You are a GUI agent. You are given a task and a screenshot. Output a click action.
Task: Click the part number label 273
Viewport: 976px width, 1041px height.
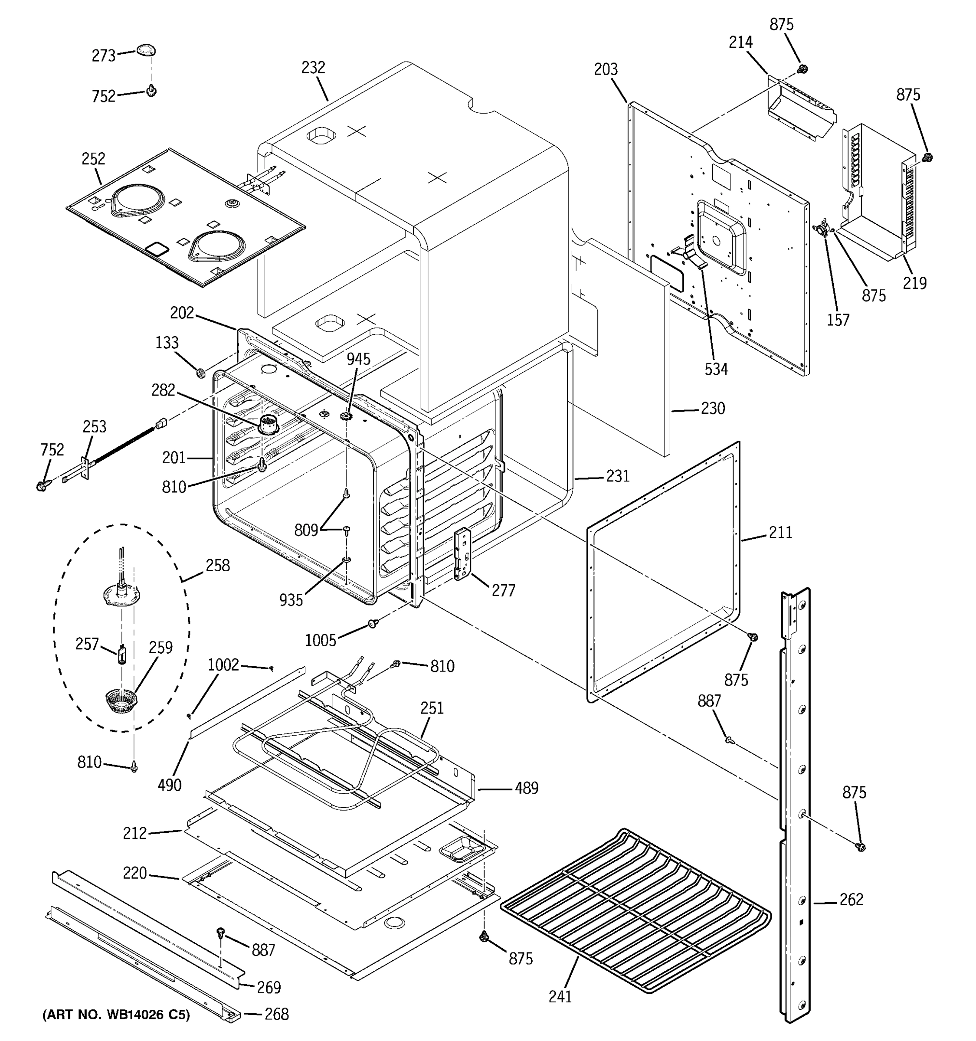tap(103, 56)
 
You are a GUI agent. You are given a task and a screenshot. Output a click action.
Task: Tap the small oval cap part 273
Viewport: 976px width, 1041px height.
tap(146, 50)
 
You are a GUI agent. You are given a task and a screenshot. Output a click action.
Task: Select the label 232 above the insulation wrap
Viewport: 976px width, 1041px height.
tap(313, 68)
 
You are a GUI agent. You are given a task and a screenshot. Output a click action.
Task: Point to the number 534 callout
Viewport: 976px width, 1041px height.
tap(716, 369)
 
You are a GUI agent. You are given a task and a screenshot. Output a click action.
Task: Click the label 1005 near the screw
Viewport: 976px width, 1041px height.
tap(321, 640)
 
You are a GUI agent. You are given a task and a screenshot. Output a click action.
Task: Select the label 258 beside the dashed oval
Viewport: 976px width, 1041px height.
tap(218, 566)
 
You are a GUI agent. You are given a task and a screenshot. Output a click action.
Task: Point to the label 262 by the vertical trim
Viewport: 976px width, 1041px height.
tap(851, 900)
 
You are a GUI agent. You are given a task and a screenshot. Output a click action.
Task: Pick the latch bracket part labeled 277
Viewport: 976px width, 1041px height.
tap(462, 553)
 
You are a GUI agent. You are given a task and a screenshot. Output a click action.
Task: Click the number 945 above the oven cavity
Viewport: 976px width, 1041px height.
tap(358, 359)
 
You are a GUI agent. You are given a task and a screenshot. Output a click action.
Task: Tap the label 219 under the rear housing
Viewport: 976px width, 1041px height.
tap(914, 283)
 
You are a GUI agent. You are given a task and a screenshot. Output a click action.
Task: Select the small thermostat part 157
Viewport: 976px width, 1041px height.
tap(820, 229)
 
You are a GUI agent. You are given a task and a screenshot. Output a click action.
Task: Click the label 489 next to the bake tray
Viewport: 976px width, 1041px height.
tap(526, 788)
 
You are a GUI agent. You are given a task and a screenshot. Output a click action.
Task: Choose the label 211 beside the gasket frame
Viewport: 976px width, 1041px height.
tap(780, 533)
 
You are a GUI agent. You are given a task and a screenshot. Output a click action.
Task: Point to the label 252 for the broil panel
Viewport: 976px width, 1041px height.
tap(93, 159)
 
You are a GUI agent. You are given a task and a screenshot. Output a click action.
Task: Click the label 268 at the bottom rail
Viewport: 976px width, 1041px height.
tap(276, 1014)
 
